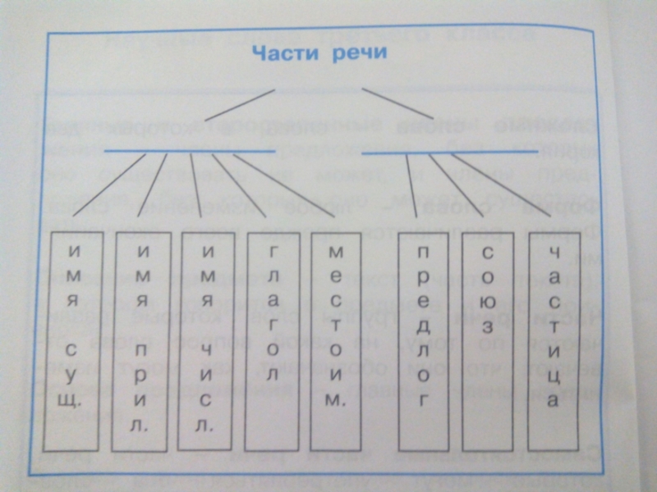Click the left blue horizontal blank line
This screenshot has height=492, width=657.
189,152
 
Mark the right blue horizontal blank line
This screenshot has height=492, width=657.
450,153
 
